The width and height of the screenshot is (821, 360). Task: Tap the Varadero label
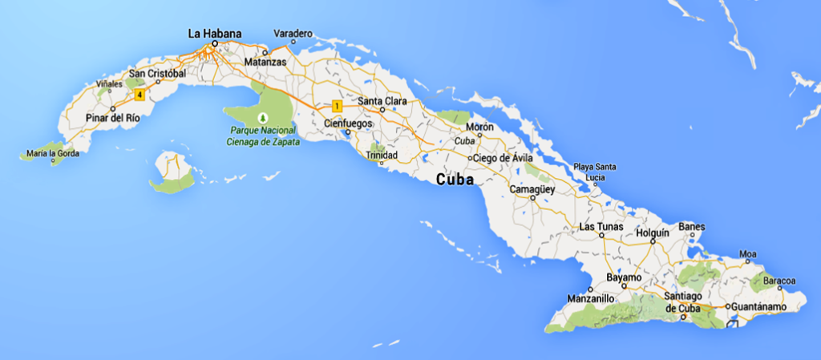point(293,34)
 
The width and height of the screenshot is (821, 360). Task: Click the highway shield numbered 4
point(140,95)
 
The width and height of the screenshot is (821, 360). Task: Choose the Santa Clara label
point(381,101)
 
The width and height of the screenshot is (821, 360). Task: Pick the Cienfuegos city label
point(346,123)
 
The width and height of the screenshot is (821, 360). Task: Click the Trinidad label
point(381,155)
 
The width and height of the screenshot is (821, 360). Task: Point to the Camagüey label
point(533,189)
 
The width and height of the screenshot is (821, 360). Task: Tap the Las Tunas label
point(598,228)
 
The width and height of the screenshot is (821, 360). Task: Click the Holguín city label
point(652,233)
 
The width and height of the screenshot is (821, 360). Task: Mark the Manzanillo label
point(591,298)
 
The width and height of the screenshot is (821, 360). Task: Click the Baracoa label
point(779,281)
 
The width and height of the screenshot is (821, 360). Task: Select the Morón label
point(479,127)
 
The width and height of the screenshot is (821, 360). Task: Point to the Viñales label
point(109,83)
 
